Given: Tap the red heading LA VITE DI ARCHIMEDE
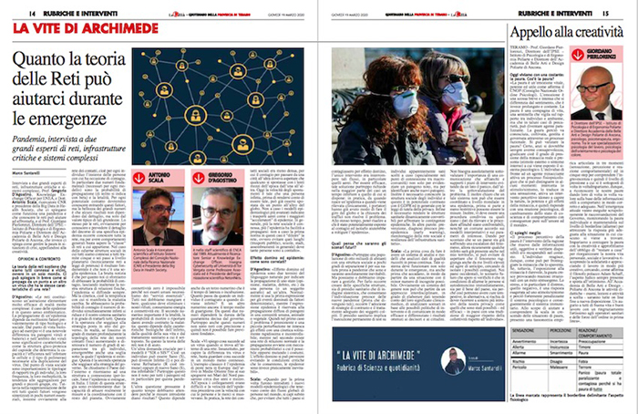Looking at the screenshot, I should coord(87,30).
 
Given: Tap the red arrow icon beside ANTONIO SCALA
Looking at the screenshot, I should coord(140,177).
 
